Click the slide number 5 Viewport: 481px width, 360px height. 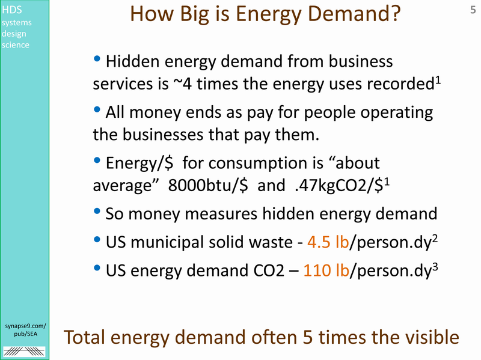point(473,10)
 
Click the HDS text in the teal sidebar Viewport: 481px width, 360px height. point(11,10)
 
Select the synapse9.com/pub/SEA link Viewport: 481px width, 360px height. point(25,329)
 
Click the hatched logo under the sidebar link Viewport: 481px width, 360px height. point(24,351)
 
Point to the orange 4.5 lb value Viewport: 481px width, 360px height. point(328,242)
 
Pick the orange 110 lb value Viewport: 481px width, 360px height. point(326,270)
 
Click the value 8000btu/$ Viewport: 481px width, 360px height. point(208,185)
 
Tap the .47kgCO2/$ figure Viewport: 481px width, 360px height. point(339,185)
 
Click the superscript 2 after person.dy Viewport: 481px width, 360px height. point(434,238)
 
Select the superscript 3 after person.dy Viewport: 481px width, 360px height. point(435,266)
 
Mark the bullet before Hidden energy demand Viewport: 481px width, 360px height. point(97,58)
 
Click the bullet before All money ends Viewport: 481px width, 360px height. point(97,109)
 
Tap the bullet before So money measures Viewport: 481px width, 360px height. point(97,211)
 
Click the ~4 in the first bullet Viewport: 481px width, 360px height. point(183,84)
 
